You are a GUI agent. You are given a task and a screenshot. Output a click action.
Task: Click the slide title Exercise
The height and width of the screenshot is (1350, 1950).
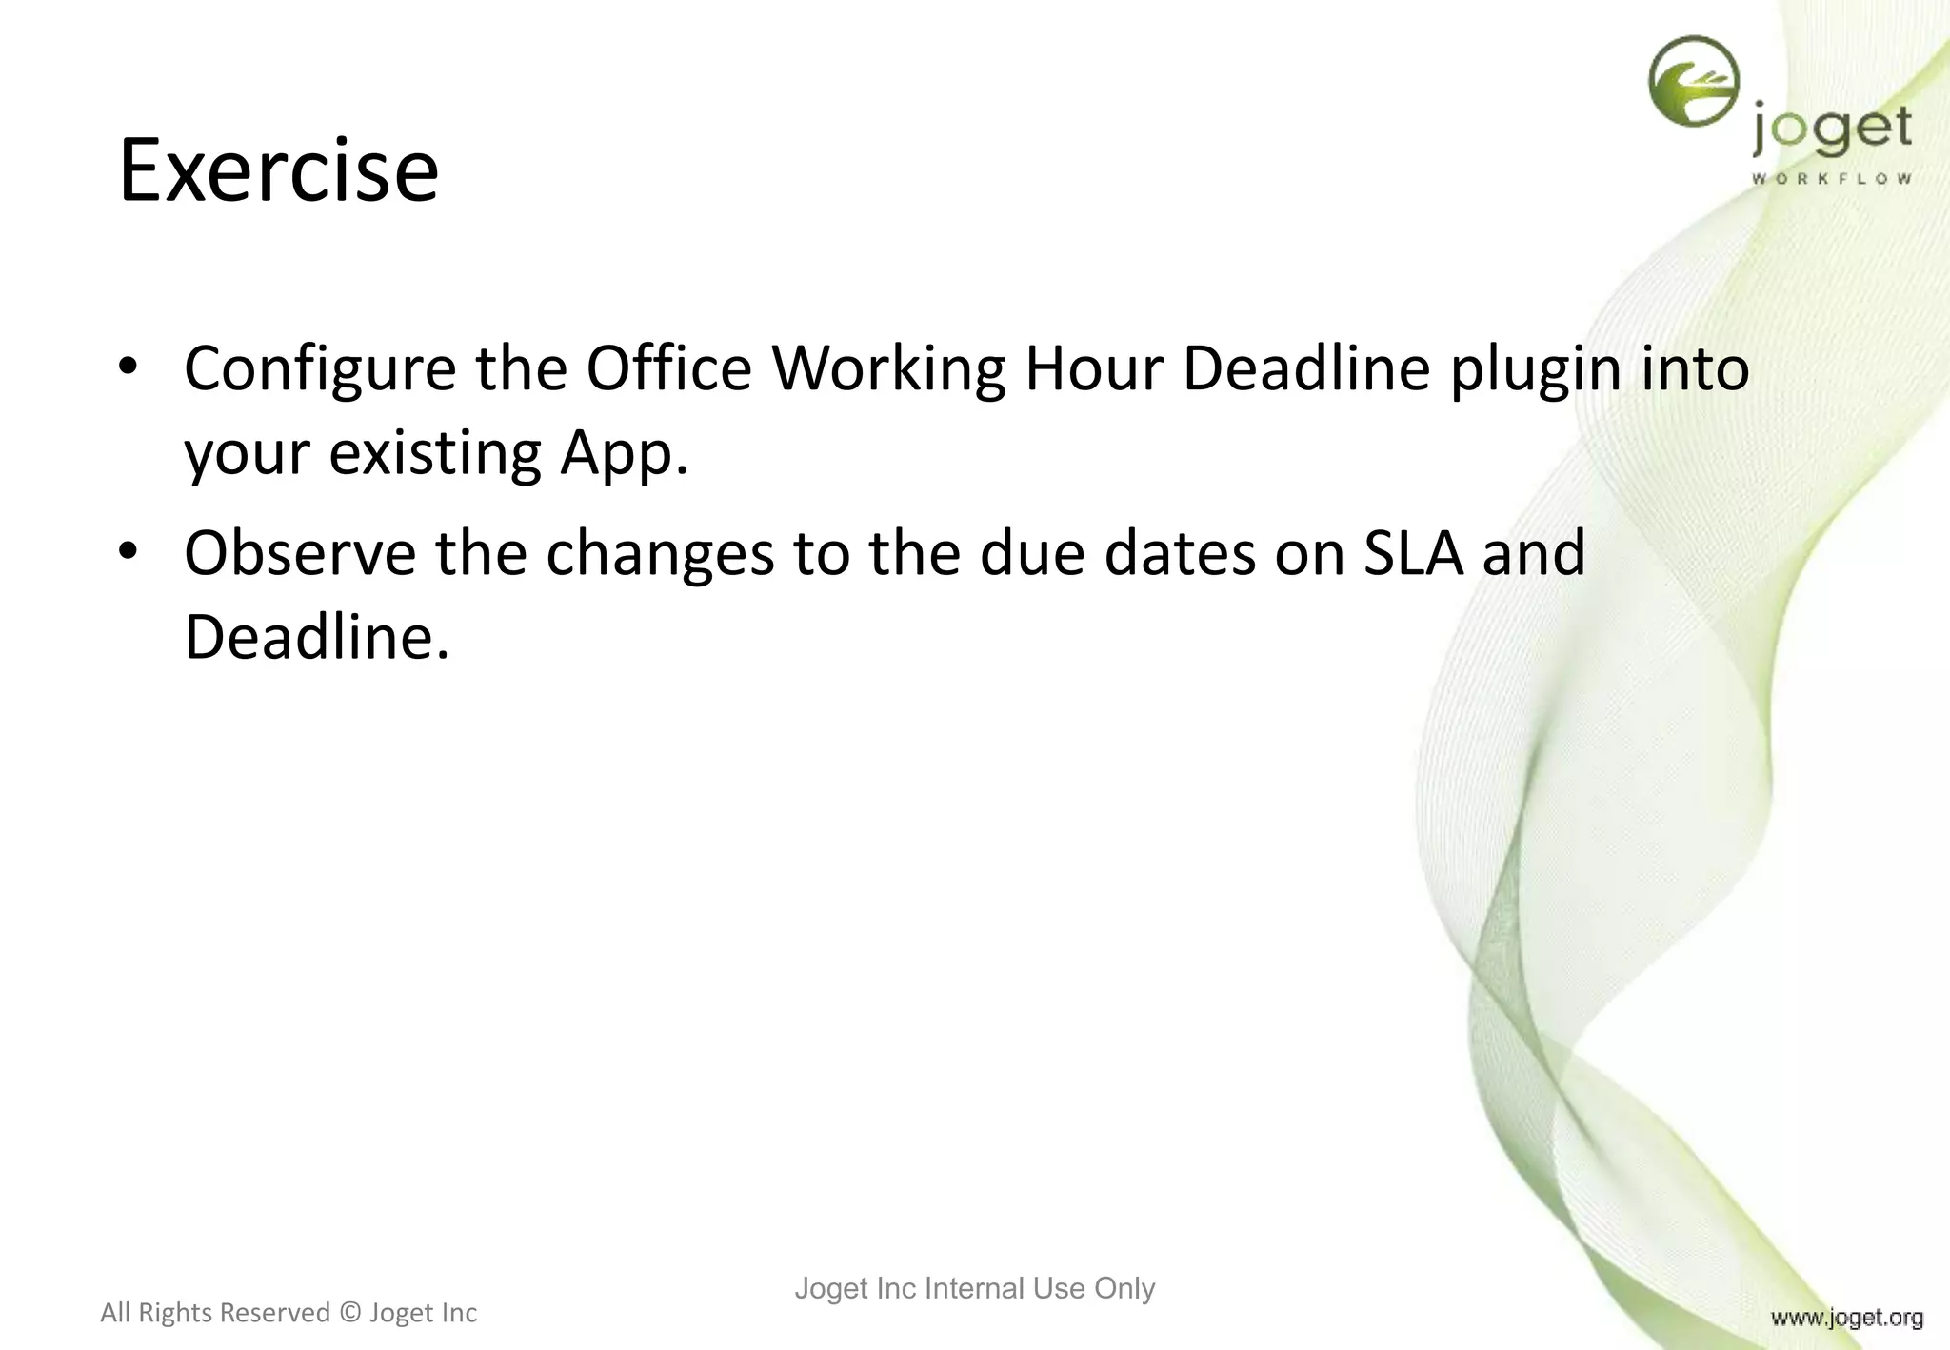278,170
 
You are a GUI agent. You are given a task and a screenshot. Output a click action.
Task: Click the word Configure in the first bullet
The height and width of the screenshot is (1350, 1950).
320,369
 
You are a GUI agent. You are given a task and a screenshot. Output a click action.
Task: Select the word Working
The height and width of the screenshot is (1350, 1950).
888,369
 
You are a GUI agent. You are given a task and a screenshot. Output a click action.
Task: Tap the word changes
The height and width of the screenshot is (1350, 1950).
660,555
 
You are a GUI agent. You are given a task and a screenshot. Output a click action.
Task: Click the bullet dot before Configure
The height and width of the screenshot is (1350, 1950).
129,367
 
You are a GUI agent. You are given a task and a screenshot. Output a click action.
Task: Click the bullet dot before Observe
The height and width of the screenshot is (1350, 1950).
129,552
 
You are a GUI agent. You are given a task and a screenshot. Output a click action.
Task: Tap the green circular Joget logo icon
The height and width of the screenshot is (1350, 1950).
1694,81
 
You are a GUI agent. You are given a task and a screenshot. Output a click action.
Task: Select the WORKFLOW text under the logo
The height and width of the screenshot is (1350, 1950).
1831,178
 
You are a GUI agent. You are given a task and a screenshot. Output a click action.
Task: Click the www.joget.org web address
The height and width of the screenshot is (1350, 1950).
1846,1318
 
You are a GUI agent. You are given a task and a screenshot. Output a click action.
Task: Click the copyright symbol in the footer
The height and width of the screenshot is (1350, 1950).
349,1313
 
